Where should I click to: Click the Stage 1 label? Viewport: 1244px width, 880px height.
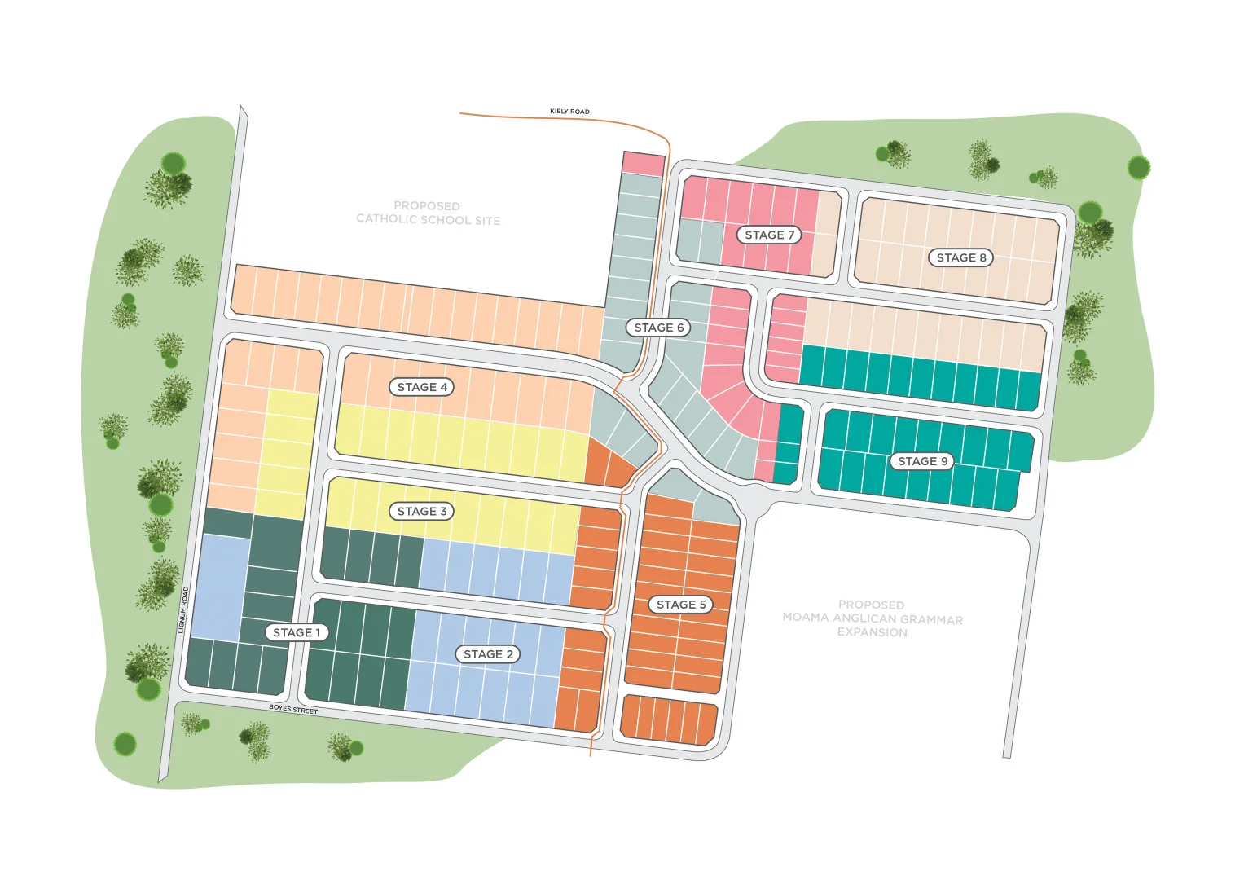point(297,632)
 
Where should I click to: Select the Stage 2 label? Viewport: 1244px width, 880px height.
point(488,654)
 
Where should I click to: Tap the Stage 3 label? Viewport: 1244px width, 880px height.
point(422,512)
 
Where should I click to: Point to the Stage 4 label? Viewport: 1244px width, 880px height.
point(422,387)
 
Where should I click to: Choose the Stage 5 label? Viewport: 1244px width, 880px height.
point(681,605)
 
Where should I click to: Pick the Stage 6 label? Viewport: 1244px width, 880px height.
point(659,328)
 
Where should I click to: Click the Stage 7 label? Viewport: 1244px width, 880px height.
point(769,235)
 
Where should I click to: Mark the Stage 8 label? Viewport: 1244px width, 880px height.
point(961,257)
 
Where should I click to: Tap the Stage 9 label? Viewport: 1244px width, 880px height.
point(922,461)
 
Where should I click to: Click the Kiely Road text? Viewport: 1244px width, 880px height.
point(569,112)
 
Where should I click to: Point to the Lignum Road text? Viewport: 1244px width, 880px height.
point(184,609)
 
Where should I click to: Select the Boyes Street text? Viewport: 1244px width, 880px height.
point(293,710)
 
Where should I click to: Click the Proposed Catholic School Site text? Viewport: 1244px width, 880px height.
point(428,213)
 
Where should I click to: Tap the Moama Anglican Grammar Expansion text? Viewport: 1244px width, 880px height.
point(872,618)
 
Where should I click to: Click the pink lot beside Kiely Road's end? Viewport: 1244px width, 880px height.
point(643,164)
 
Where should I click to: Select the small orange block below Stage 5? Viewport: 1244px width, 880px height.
point(669,719)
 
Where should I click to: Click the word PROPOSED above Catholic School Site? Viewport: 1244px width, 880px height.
point(427,206)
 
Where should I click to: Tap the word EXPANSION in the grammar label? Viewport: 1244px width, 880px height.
point(872,632)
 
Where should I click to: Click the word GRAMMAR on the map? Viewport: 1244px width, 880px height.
point(931,619)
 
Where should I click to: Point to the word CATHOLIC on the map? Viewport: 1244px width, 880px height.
point(389,219)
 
